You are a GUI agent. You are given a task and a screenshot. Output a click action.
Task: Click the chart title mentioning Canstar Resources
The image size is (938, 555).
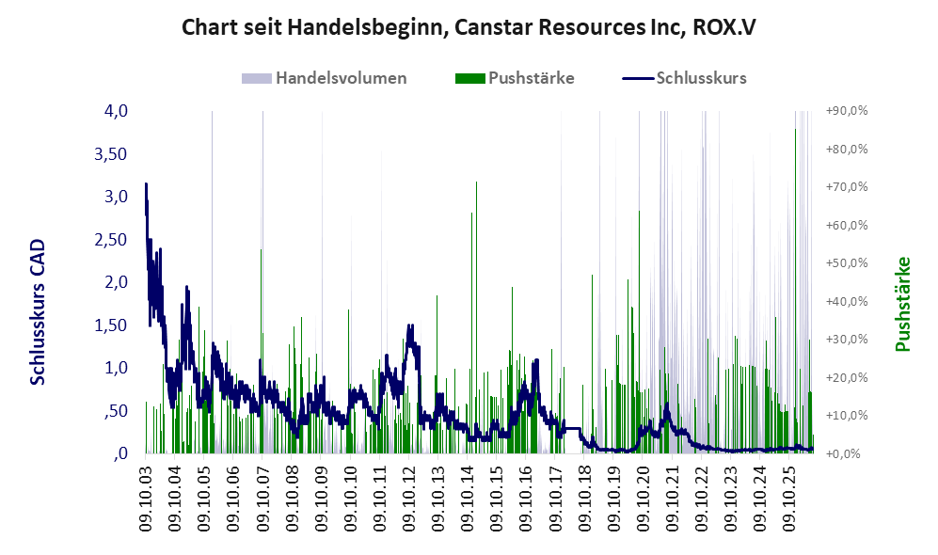point(469,27)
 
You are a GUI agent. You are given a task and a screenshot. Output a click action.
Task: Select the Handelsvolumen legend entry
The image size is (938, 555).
point(325,78)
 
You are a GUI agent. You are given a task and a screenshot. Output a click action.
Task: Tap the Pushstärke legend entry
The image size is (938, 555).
point(515,78)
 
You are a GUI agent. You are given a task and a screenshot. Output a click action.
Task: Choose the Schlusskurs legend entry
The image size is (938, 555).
point(684,78)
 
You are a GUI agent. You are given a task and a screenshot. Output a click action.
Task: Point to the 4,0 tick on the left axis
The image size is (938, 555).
point(116,111)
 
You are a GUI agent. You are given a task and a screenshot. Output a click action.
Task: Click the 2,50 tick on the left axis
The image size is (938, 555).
point(111,240)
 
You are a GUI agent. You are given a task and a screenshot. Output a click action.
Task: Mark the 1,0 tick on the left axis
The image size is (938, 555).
point(116,368)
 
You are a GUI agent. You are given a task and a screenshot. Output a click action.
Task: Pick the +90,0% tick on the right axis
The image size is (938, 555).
point(847,111)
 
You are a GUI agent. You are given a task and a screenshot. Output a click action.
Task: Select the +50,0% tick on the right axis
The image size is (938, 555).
point(847,263)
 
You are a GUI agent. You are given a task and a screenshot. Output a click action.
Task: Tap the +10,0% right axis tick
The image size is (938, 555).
point(847,415)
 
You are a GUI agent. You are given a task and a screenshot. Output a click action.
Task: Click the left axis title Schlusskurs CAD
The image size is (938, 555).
point(38,312)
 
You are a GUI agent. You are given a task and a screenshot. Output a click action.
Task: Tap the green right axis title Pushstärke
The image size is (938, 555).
point(902,304)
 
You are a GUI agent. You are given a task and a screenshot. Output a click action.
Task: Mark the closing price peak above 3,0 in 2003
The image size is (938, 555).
point(146,185)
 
